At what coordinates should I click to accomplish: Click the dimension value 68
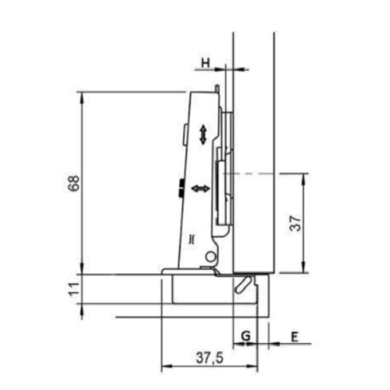click(x=74, y=183)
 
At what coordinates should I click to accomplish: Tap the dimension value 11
click(x=74, y=289)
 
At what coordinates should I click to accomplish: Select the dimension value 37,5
click(x=209, y=358)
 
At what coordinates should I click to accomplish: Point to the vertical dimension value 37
click(x=296, y=223)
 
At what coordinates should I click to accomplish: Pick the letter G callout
click(x=246, y=336)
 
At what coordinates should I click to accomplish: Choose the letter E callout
click(x=294, y=337)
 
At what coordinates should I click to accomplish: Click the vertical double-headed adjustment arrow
click(x=203, y=135)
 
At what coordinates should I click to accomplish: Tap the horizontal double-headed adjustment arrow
click(x=200, y=188)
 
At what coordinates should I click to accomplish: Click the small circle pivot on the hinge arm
click(x=211, y=257)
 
